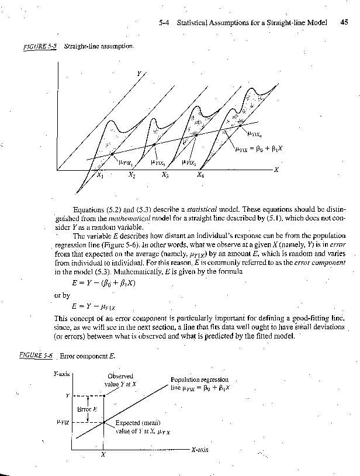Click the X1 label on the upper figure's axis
(101, 175)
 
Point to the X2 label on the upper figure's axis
(132, 175)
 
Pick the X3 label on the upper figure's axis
(165, 175)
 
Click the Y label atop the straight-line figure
(139, 74)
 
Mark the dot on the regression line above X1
(113, 154)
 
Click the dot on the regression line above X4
(240, 125)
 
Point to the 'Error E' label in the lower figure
(86, 409)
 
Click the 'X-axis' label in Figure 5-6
(200, 450)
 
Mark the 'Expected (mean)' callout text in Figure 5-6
(136, 423)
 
